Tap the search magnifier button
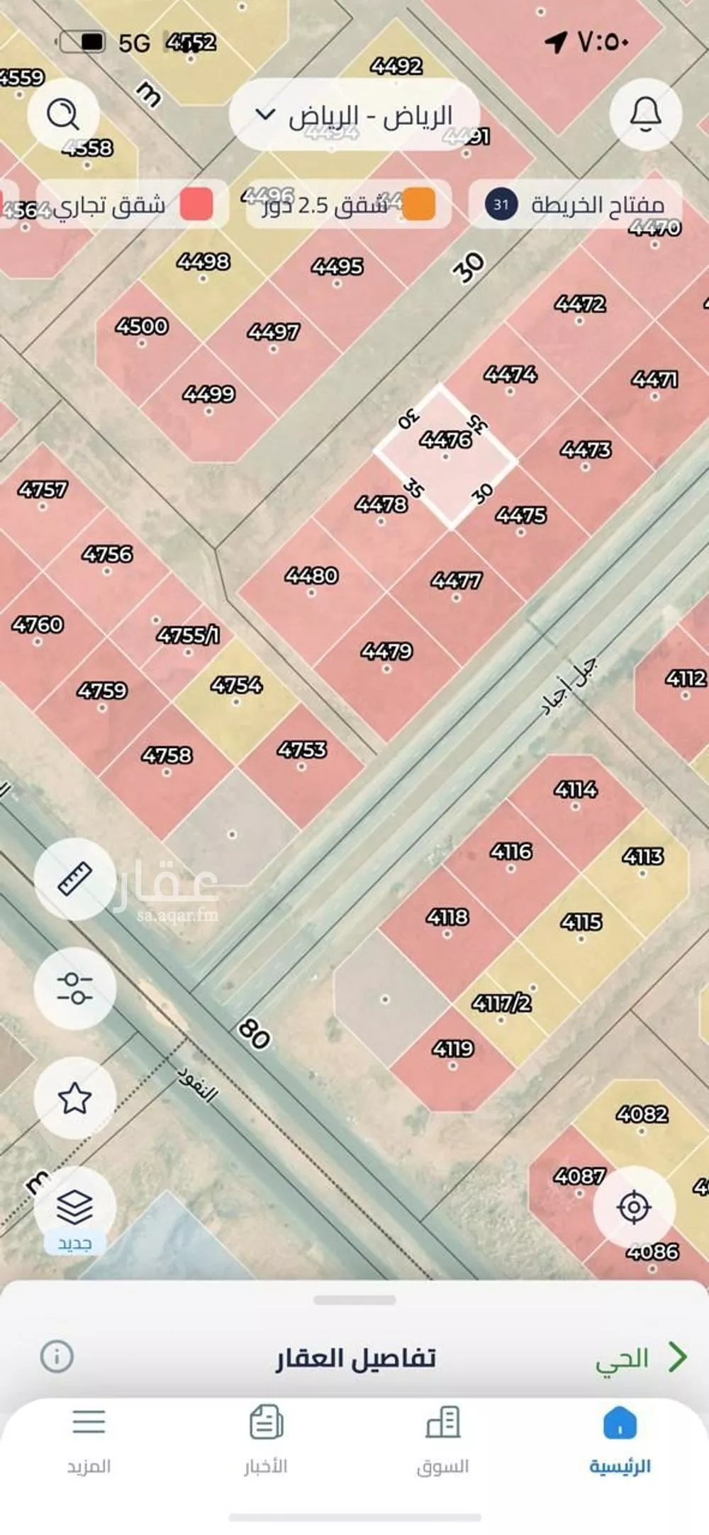coord(63,114)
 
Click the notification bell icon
coord(645,114)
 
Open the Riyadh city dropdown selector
coord(354,116)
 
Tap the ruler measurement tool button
coord(74,879)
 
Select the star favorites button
coord(74,1098)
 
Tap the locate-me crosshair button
coord(634,1207)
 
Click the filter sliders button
coord(74,988)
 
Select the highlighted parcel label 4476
coord(445,440)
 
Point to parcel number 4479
coord(386,651)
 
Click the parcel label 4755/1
coord(188,635)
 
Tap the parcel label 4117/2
coord(502,1003)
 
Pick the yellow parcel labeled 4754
coord(237,685)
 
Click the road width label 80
coord(255,1033)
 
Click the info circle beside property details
coord(57,1356)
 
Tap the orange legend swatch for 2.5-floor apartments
coord(419,205)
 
